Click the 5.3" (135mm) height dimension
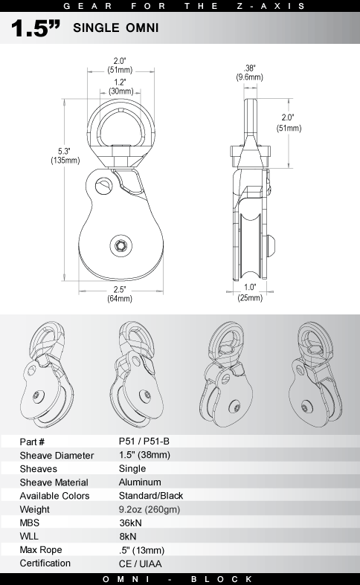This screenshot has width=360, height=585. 65,156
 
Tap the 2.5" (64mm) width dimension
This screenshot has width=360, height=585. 120,294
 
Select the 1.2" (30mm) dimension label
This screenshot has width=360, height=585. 120,86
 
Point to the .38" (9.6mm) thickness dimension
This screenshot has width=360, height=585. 249,73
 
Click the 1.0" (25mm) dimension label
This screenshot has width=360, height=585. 250,293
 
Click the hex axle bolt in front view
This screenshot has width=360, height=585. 120,245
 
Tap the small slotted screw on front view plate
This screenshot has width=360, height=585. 103,186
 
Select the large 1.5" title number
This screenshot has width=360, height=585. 36,28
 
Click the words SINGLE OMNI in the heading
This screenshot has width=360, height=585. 116,28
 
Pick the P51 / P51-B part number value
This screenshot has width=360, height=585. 144,442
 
